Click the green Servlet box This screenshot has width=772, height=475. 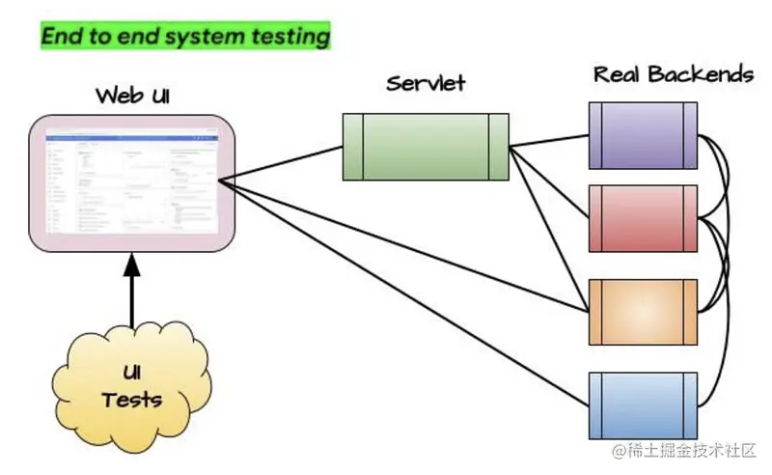pyautogui.click(x=426, y=146)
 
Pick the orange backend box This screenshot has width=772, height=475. pyautogui.click(x=643, y=311)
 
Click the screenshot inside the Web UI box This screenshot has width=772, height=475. pyautogui.click(x=132, y=183)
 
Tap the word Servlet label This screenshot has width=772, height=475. pyautogui.click(x=427, y=83)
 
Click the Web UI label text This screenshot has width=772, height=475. pyautogui.click(x=132, y=97)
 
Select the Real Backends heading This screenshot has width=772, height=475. pyautogui.click(x=673, y=74)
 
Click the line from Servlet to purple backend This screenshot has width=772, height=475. pyautogui.click(x=550, y=141)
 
